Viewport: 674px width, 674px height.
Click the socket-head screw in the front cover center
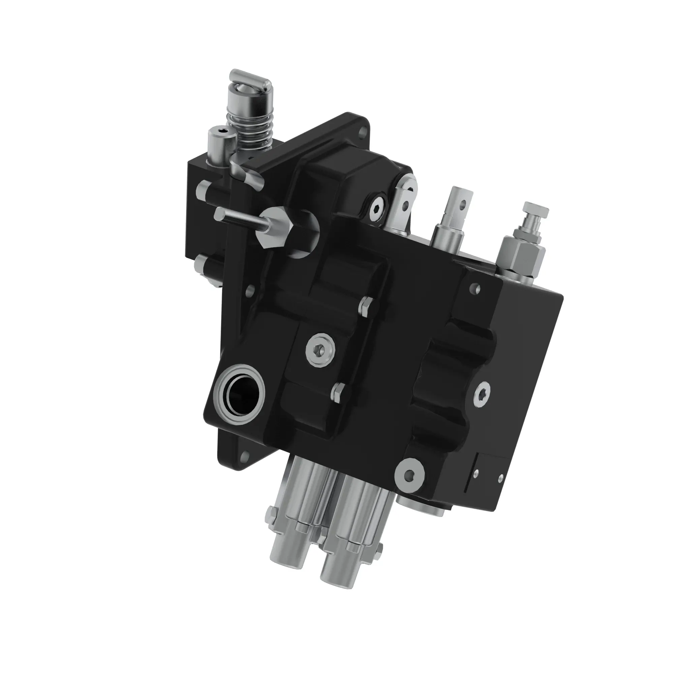pyautogui.click(x=320, y=349)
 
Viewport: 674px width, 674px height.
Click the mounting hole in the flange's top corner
pyautogui.click(x=364, y=133)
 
